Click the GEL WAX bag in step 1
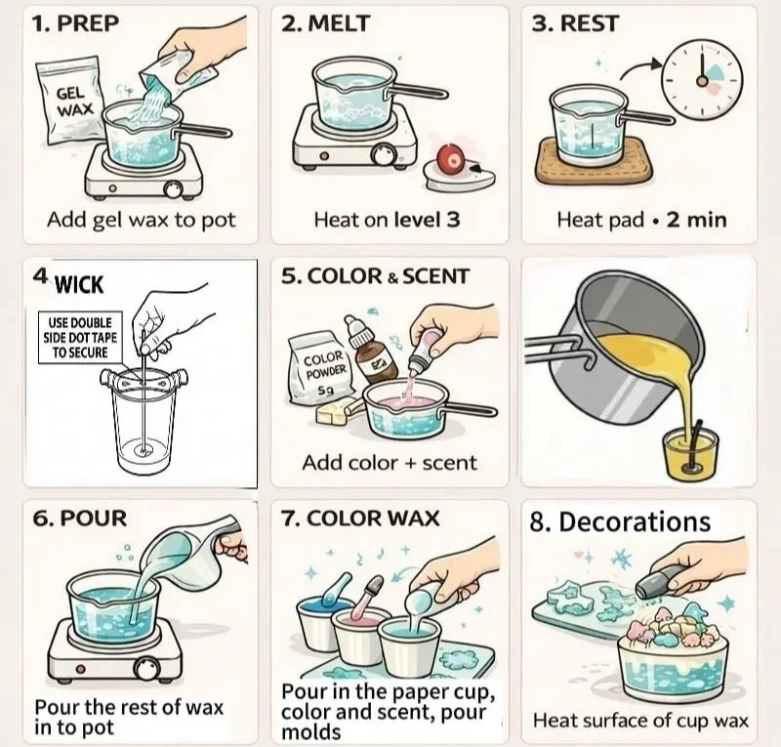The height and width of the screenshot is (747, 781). click(x=69, y=103)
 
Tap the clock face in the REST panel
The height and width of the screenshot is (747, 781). click(x=702, y=80)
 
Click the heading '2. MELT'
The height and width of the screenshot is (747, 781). click(x=325, y=23)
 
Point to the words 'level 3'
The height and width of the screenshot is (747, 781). click(x=427, y=220)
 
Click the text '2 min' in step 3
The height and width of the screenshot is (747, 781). click(x=697, y=220)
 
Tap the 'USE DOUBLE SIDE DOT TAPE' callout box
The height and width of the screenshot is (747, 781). click(x=81, y=338)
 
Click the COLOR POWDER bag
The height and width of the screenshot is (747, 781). click(x=320, y=369)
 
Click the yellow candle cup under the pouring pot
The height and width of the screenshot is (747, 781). click(x=691, y=454)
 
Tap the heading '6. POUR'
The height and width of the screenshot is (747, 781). click(x=80, y=519)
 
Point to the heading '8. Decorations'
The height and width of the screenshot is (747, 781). click(x=620, y=521)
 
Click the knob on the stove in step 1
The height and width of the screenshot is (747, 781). click(x=174, y=189)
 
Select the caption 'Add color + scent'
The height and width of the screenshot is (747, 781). click(x=390, y=463)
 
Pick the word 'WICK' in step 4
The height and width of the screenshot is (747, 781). click(x=79, y=285)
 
